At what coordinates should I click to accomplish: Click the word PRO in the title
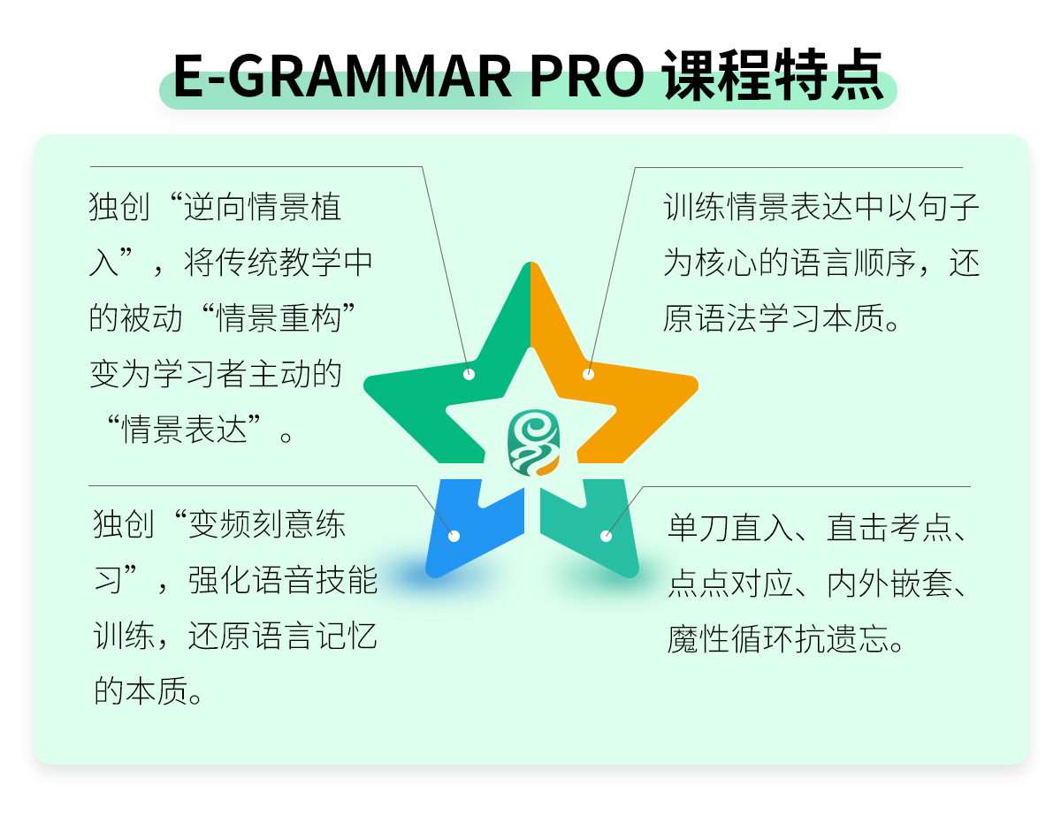[x=586, y=76]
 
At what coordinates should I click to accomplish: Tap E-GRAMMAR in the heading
[x=342, y=76]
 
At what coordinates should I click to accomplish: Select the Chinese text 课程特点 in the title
[x=773, y=75]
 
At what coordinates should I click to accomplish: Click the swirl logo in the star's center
[x=533, y=443]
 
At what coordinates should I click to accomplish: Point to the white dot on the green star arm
[x=469, y=374]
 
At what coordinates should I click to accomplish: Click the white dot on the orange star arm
[x=588, y=374]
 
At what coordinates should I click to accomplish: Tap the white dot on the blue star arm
[x=454, y=536]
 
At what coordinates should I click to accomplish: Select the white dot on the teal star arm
[x=606, y=536]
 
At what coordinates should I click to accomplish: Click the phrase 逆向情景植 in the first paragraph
[x=263, y=207]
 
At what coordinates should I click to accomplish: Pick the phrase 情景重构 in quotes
[x=279, y=318]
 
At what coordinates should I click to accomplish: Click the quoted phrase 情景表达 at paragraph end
[x=184, y=430]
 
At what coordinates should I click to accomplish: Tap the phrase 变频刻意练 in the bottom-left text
[x=267, y=524]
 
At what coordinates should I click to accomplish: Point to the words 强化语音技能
[x=283, y=580]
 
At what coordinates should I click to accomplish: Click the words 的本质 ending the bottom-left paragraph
[x=141, y=691]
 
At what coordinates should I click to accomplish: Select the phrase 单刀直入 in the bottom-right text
[x=730, y=528]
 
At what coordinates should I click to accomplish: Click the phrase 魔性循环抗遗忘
[x=778, y=639]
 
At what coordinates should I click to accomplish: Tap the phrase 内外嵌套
[x=889, y=583]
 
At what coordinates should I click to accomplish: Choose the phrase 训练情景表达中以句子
[x=821, y=207]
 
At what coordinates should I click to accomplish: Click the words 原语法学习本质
[x=774, y=318]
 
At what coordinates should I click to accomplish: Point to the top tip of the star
[x=530, y=262]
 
